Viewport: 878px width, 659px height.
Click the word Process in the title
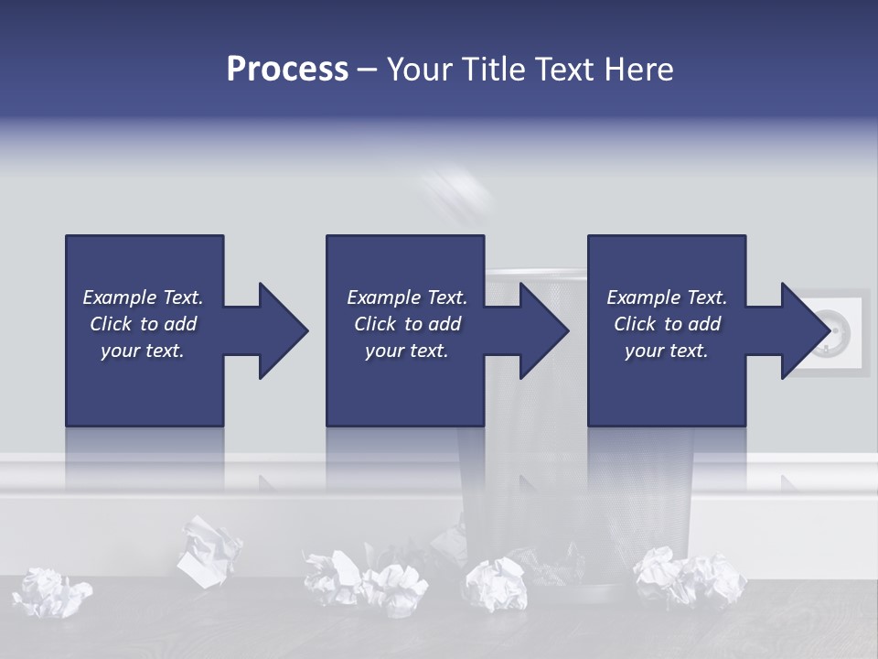point(287,70)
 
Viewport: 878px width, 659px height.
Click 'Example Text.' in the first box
point(143,297)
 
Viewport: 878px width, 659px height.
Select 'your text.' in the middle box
point(406,351)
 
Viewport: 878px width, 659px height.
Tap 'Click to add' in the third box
point(667,324)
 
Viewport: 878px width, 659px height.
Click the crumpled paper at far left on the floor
point(53,592)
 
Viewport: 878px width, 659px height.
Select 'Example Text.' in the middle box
point(407,297)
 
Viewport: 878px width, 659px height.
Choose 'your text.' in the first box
point(142,351)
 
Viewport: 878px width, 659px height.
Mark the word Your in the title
point(422,70)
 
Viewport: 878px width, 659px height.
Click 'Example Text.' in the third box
point(667,297)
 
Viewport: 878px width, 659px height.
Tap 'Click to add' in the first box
point(143,324)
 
